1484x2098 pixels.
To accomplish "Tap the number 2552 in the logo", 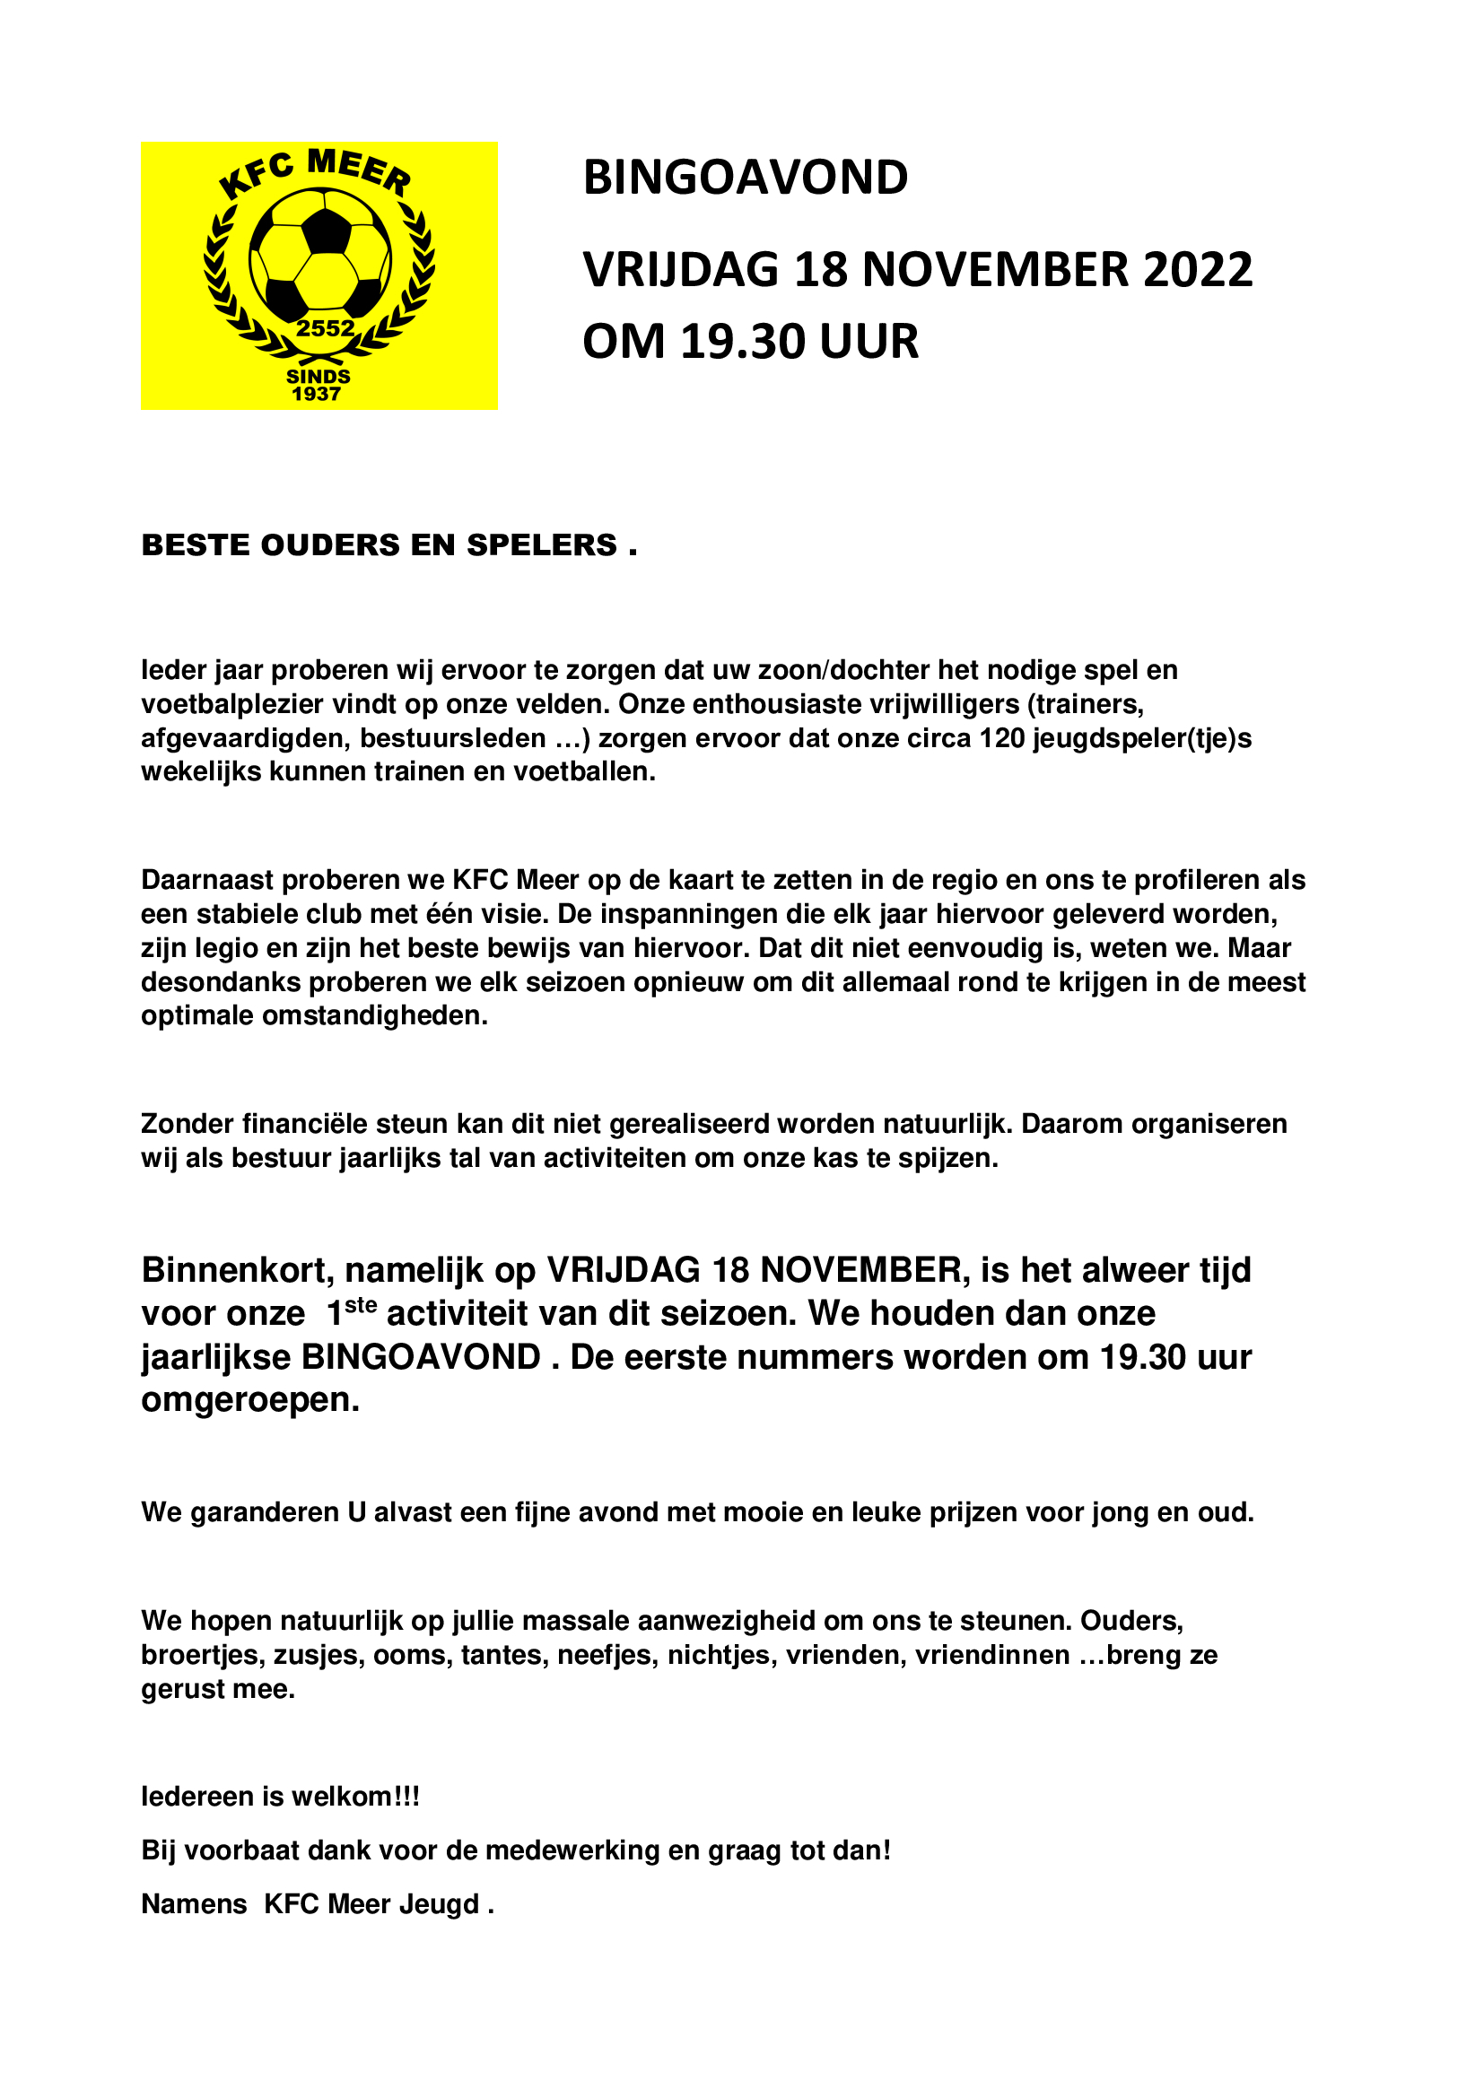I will click(x=326, y=329).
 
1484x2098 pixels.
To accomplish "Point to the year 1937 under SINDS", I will click(x=316, y=394).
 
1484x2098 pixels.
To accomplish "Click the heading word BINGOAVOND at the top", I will click(x=746, y=178).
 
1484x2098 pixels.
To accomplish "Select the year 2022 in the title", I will click(x=1197, y=271).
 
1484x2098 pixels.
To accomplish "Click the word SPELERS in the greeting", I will click(x=542, y=544).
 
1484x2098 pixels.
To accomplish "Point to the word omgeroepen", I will click(x=249, y=1400).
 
